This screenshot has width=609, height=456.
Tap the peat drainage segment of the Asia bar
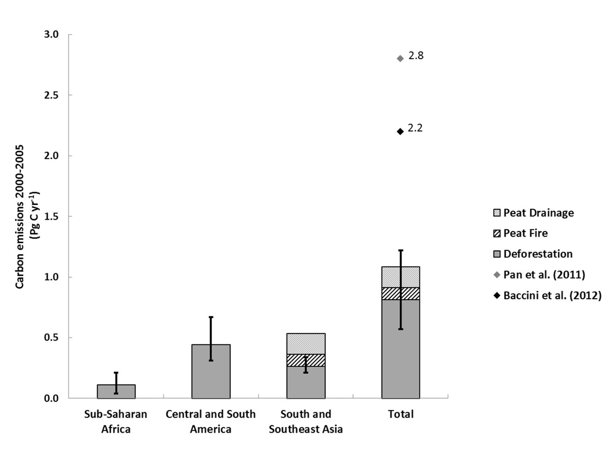(306, 343)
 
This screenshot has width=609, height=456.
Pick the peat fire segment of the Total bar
(400, 294)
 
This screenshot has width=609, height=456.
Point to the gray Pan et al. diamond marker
(400, 58)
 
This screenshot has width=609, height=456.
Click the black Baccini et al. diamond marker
(400, 131)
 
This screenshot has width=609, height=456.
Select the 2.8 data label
(416, 56)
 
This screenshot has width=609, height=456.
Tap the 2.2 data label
(415, 128)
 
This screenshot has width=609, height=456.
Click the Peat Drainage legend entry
(538, 213)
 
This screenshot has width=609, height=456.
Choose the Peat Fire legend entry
(525, 233)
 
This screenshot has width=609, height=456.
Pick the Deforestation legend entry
(537, 254)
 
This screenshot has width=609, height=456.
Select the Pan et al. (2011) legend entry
(544, 275)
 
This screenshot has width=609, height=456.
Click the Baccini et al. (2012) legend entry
(552, 296)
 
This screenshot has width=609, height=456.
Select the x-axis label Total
(400, 414)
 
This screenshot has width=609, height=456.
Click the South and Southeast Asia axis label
(306, 421)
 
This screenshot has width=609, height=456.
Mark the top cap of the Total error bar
(400, 250)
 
